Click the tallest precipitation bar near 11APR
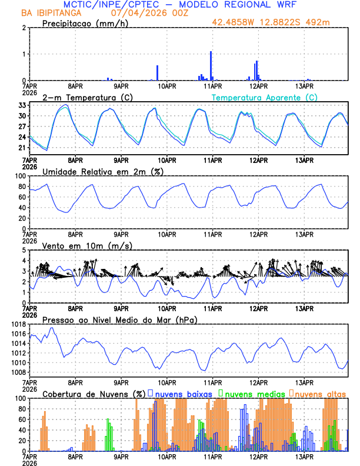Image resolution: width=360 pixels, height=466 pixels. pyautogui.click(x=211, y=65)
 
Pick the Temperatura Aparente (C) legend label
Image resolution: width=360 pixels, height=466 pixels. pyautogui.click(x=265, y=97)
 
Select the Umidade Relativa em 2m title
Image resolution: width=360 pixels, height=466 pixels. pyautogui.click(x=102, y=171)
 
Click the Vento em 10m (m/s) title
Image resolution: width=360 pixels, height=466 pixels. pyautogui.click(x=88, y=245)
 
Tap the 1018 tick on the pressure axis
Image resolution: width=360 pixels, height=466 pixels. pyautogui.click(x=17, y=324)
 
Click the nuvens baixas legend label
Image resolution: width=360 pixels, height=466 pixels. pyautogui.click(x=182, y=394)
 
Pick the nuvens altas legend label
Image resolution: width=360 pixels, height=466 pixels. pyautogui.click(x=320, y=394)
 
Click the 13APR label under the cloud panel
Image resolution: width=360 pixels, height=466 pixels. pyautogui.click(x=304, y=457)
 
